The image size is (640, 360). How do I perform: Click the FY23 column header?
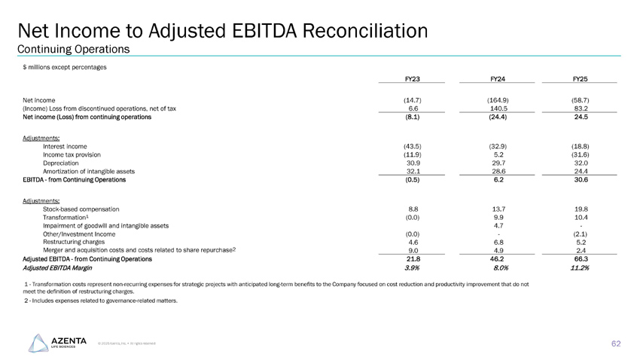(412, 78)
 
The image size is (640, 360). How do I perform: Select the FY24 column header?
(496, 78)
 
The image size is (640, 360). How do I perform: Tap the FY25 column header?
(580, 78)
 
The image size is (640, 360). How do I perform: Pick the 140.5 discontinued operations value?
(496, 108)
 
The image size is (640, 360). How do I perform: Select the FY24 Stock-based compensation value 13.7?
(496, 208)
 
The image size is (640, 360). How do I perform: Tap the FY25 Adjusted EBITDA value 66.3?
(580, 258)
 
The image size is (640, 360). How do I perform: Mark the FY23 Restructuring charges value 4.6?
(412, 242)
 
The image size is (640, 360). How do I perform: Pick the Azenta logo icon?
(38, 342)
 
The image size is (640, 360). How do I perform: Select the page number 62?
(616, 343)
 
